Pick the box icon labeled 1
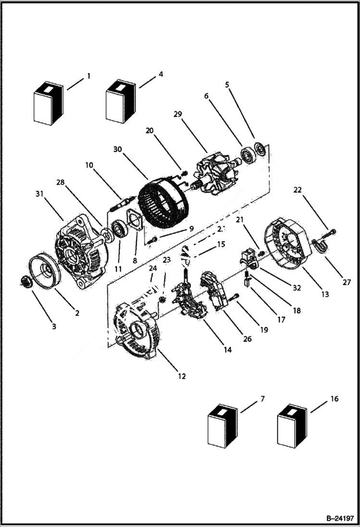click(49, 103)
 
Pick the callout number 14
click(227, 350)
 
